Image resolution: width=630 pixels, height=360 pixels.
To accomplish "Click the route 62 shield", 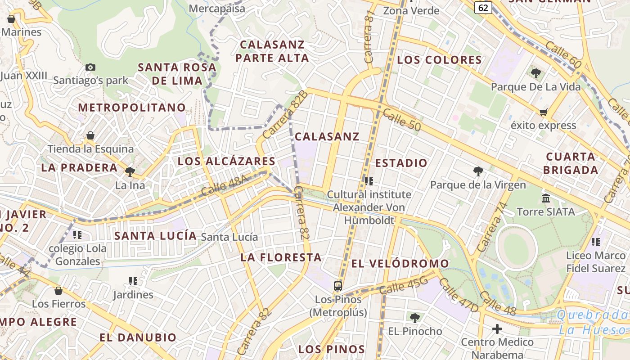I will pos(483,8).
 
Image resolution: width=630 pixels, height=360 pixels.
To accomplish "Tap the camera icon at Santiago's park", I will pos(90,67).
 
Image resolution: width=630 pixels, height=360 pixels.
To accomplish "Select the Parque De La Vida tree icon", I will pos(535,73).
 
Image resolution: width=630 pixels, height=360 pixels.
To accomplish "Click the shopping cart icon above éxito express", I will pos(543,112).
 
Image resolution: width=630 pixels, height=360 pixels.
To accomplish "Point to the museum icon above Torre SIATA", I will pos(546,198).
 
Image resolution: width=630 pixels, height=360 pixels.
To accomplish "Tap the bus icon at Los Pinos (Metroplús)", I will pos(337,286).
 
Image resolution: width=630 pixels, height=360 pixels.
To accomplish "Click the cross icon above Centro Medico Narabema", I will pos(497,329).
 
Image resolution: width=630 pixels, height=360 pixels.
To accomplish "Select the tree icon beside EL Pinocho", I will pos(415,318).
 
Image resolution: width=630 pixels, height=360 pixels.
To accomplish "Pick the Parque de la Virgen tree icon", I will pos(478,171).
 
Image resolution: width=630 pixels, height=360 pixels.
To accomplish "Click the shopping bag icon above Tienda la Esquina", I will pos(90,135).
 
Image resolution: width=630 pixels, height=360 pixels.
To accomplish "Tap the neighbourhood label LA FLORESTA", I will pos(281,257).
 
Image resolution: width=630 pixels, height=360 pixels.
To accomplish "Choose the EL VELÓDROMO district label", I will pos(400,264).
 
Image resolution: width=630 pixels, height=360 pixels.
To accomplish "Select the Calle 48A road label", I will pos(225,185).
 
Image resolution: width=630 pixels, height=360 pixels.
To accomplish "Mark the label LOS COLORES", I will pos(439,60).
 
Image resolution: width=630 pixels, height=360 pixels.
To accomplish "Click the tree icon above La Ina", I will pos(130,171).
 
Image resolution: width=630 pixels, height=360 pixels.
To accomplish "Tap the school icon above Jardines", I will pos(133,281).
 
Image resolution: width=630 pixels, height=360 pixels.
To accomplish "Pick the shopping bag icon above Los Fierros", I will pos(58,291).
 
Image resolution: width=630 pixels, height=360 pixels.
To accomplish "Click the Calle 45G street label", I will pos(404,286).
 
